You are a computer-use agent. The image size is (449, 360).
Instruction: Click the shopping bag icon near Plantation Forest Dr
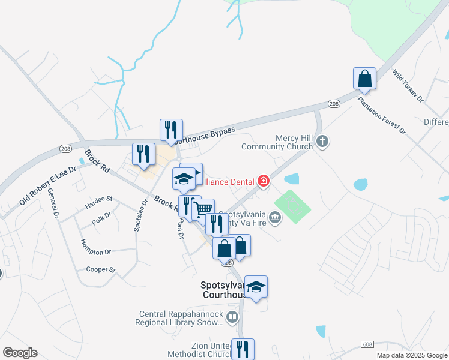(x=364, y=79)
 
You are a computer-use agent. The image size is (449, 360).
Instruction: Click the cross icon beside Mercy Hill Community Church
(x=322, y=142)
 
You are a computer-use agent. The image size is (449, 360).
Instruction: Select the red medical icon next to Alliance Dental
(x=263, y=181)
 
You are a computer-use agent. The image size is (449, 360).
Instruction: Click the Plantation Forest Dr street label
(x=382, y=113)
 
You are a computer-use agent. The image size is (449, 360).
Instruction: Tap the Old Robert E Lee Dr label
(x=47, y=186)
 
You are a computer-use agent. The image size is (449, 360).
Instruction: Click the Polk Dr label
(x=102, y=218)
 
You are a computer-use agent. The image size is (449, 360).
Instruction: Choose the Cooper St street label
(x=100, y=269)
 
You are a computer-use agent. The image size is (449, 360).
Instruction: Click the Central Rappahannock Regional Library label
(x=181, y=318)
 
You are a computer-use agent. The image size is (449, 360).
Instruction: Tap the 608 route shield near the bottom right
(x=367, y=344)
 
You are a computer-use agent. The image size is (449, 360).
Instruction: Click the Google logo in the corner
(x=20, y=353)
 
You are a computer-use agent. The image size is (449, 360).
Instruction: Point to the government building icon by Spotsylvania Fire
(x=275, y=217)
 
